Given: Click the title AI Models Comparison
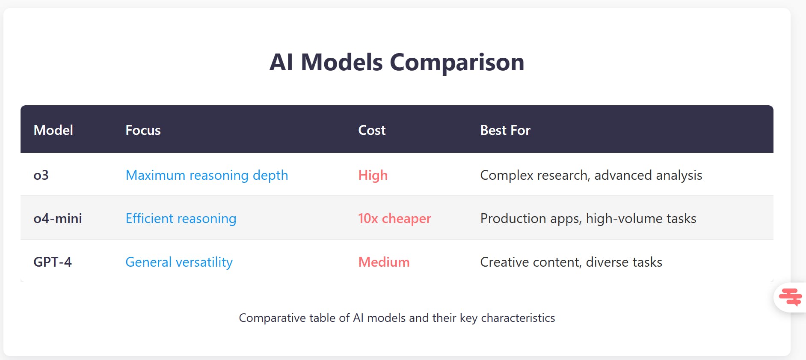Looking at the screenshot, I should pos(397,62).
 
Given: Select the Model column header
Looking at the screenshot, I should pos(53,130).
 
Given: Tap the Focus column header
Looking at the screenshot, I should pos(143,130).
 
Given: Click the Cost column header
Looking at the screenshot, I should pos(372,130).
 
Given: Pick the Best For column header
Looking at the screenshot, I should pos(505,130).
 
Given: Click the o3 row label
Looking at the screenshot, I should pos(41,175).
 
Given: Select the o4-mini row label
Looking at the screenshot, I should pos(58,218).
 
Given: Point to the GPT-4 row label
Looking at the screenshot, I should pos(53,262).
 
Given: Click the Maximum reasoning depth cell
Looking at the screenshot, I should pos(207,175).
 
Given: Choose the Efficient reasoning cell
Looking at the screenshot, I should pos(181,218).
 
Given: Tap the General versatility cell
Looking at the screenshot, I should pos(179,262).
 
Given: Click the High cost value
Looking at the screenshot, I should pos(373,175).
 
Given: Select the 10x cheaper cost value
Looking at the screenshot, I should pos(394,218).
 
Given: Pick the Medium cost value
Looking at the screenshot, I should pos(384,262).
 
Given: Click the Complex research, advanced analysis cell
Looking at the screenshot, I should pos(591,175).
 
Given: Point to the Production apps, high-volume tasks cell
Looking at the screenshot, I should pos(588,218).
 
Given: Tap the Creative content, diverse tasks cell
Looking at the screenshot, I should pos(571,262).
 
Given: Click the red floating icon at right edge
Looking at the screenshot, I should pos(790,297).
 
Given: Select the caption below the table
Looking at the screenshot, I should pos(397,318).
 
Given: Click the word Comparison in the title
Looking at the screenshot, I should pos(457,62).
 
